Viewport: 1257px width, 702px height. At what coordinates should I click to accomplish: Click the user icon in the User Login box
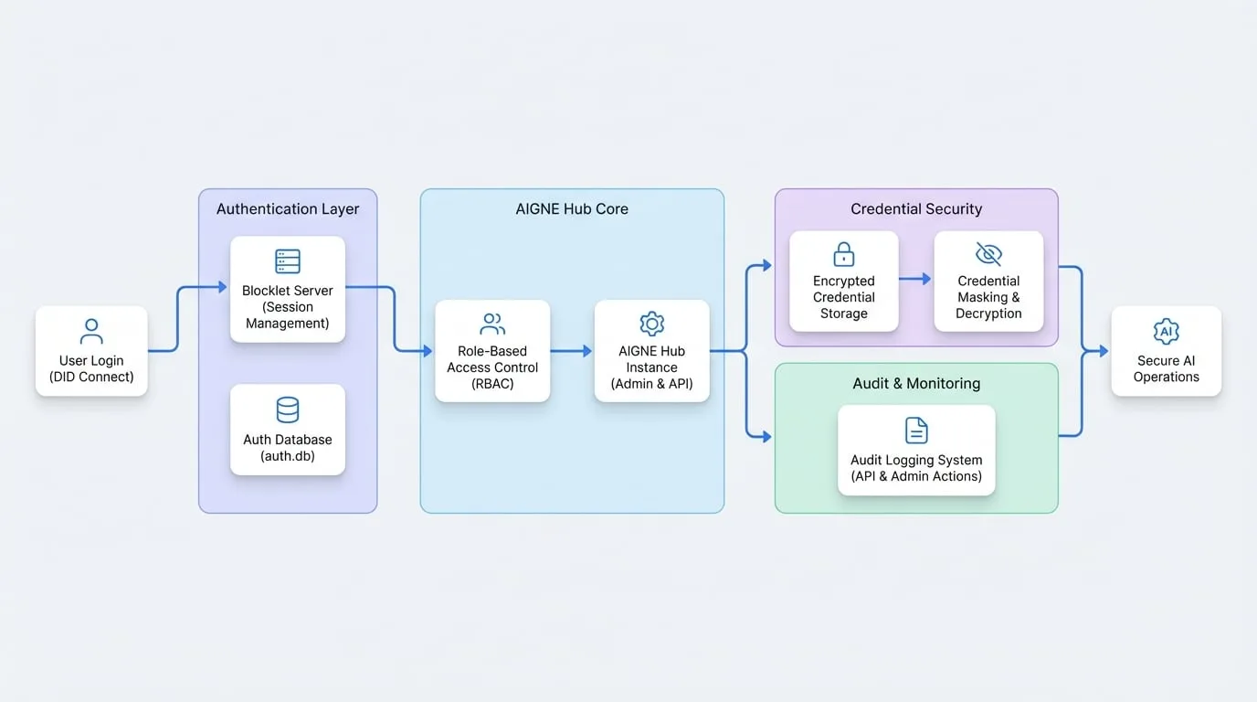[91, 331]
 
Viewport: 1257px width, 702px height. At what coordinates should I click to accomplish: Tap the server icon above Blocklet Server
[288, 261]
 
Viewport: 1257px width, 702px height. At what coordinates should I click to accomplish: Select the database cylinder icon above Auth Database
[288, 410]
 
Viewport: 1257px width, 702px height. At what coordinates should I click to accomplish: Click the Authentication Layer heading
[288, 209]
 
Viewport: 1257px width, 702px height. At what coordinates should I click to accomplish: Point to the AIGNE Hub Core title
[572, 209]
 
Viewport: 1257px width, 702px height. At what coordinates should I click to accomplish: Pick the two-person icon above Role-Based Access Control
[492, 324]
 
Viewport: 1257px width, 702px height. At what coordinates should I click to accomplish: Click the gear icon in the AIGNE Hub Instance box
[651, 324]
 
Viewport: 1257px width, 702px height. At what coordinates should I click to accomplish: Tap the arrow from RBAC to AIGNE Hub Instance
[571, 351]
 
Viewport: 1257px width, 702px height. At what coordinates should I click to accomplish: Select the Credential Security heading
[916, 209]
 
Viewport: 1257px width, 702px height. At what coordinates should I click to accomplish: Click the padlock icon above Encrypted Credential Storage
[843, 254]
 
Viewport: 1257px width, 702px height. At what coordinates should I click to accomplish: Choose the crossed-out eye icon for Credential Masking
[988, 254]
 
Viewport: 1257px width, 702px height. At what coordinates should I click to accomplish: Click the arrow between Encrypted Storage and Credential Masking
[914, 279]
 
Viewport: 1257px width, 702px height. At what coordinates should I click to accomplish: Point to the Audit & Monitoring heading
[916, 384]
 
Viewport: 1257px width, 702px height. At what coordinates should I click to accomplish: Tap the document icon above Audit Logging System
[916, 431]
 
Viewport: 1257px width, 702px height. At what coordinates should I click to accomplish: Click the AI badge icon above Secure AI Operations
[1166, 331]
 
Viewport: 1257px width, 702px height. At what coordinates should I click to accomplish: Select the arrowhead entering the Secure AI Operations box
[1104, 351]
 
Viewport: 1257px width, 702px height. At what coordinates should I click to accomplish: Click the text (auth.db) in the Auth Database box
[288, 456]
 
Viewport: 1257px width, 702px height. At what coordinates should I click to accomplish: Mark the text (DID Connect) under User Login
[91, 377]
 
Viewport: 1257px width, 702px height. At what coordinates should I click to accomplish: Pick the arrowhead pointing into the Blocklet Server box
[222, 287]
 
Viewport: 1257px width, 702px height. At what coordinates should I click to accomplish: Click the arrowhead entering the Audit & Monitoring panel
[767, 436]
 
